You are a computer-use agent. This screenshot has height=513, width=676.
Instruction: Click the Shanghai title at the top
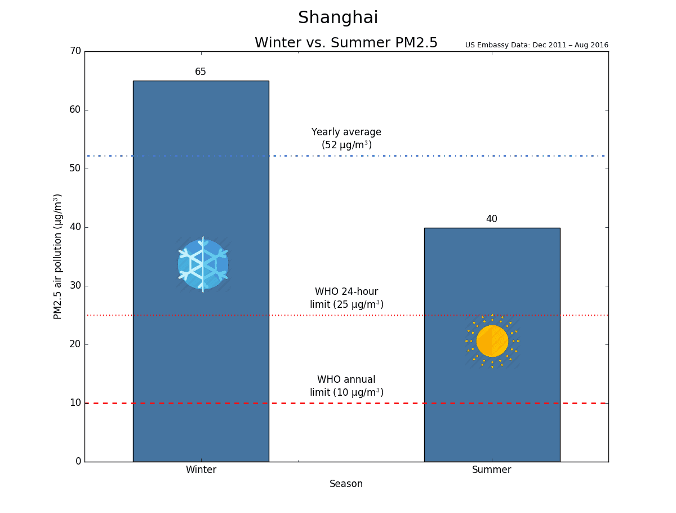point(338,17)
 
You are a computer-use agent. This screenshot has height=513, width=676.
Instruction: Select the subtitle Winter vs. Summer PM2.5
point(346,42)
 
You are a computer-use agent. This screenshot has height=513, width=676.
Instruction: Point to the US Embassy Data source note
point(536,45)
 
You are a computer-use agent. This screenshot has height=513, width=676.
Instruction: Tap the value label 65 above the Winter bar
point(200,72)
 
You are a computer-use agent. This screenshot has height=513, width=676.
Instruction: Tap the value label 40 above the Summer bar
point(492,219)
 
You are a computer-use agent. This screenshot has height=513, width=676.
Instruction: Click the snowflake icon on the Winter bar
point(203,264)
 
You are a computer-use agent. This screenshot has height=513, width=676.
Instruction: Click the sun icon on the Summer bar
point(492,341)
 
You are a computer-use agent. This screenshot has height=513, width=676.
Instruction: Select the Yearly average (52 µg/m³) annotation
point(346,138)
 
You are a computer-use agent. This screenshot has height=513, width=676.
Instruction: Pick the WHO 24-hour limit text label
point(346,298)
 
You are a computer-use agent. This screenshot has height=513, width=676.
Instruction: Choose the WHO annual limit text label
point(346,386)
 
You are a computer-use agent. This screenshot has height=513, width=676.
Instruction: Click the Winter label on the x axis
point(201,470)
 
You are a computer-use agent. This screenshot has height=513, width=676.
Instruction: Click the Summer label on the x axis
point(492,470)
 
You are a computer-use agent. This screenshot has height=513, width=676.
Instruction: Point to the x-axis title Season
point(346,484)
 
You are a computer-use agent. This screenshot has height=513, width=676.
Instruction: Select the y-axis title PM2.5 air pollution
point(57,256)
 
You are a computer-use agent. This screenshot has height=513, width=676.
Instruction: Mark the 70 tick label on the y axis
point(75,51)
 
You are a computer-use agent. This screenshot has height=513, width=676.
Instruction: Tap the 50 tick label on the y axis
point(75,168)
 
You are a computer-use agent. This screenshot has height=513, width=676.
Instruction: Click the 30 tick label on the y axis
point(75,286)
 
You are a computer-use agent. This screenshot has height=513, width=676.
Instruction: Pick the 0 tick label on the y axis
point(78,461)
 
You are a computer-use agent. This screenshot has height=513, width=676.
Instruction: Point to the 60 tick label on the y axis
point(75,110)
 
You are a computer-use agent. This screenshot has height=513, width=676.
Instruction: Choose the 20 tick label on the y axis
point(75,344)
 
